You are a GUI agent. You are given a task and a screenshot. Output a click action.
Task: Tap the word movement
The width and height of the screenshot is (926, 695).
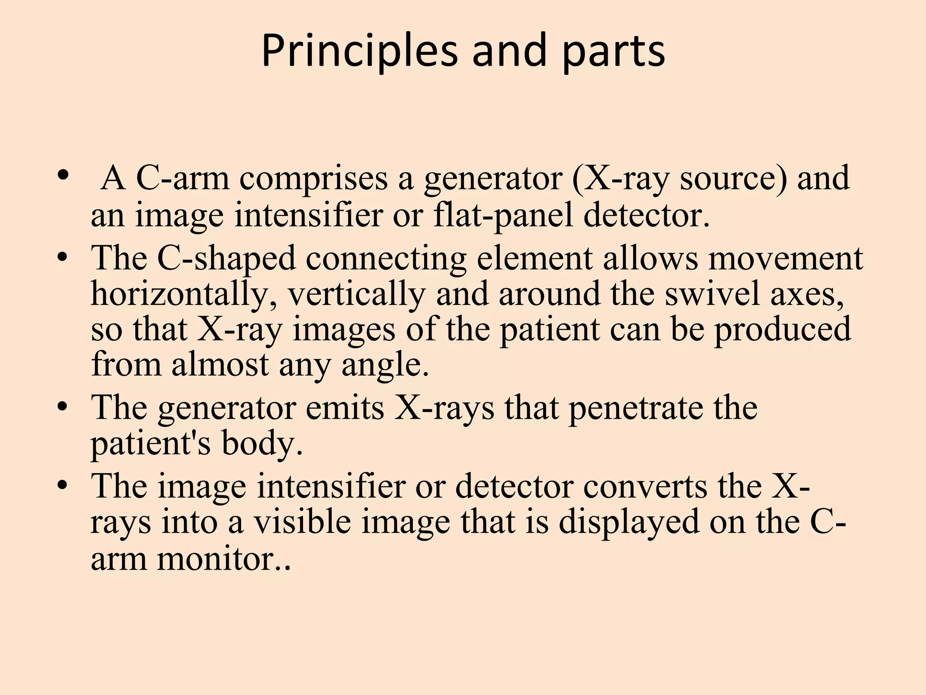785,258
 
